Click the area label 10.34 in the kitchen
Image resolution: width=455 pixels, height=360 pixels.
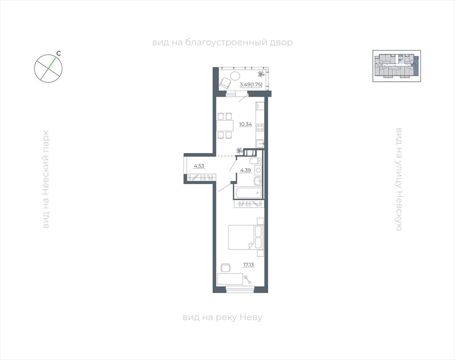pyautogui.click(x=245, y=124)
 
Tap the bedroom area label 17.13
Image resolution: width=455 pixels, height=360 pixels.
pyautogui.click(x=249, y=265)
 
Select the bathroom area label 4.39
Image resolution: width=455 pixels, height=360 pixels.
pyautogui.click(x=245, y=170)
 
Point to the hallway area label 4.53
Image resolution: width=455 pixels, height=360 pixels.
pyautogui.click(x=200, y=166)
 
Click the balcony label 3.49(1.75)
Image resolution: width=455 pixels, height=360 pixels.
pyautogui.click(x=251, y=85)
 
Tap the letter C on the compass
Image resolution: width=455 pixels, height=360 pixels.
pyautogui.click(x=58, y=54)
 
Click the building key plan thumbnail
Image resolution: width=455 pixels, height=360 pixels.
pyautogui.click(x=397, y=66)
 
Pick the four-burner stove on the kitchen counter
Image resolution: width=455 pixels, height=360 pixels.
pyautogui.click(x=260, y=128)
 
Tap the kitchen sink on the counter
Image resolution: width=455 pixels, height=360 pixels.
pyautogui.click(x=260, y=143)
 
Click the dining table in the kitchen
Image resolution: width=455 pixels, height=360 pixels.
pyautogui.click(x=225, y=125)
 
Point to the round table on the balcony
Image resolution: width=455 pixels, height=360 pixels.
pyautogui.click(x=235, y=76)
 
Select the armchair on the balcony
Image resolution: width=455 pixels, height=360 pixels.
pyautogui.click(x=225, y=83)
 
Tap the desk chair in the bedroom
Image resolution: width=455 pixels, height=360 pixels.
pyautogui.click(x=225, y=267)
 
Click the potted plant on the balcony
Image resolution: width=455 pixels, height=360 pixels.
pyautogui.click(x=261, y=74)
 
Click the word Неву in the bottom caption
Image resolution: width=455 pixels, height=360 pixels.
pyautogui.click(x=251, y=317)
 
